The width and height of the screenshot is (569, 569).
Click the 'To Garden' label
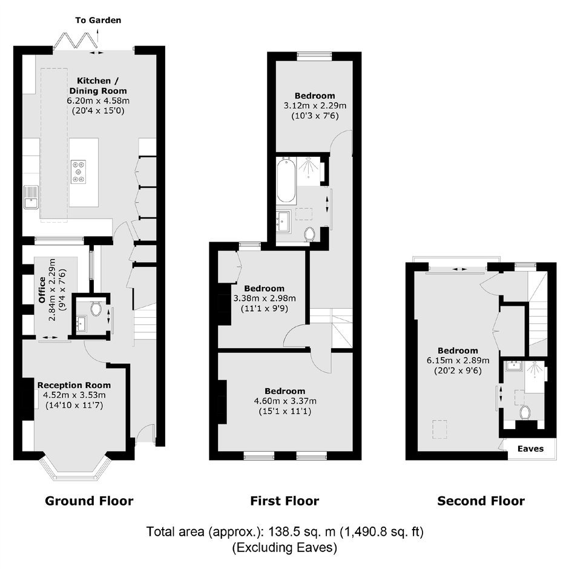click(98, 21)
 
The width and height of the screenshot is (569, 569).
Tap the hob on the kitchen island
click(79, 171)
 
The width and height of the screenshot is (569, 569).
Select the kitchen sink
click(31, 197)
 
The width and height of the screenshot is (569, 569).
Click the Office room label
click(42, 290)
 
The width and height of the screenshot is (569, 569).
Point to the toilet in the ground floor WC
click(96, 309)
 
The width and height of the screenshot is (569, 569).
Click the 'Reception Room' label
click(74, 385)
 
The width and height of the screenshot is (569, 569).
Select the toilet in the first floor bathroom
click(310, 234)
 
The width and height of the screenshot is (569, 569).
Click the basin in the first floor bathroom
click(283, 220)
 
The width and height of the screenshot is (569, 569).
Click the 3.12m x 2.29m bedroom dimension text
click(315, 105)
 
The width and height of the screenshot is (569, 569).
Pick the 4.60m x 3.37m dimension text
click(285, 401)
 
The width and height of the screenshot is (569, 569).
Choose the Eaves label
click(530, 449)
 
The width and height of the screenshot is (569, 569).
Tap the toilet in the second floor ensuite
click(525, 412)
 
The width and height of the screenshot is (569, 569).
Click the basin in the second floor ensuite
click(514, 366)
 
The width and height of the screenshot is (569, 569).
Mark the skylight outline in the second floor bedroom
click(439, 429)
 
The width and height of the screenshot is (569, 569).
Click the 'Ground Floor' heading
click(89, 501)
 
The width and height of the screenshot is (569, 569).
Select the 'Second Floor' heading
click(481, 501)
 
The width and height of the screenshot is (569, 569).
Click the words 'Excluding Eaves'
click(284, 547)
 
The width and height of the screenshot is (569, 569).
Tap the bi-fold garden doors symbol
click(75, 41)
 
